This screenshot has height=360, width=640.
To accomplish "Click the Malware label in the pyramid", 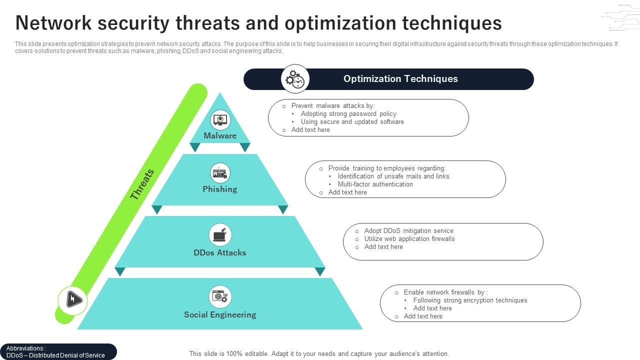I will tap(220, 135).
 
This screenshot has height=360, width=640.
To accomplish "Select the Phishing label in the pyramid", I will tap(220, 189).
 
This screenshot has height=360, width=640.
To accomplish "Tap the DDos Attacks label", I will tap(220, 252).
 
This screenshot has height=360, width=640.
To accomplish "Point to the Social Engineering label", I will tap(220, 314).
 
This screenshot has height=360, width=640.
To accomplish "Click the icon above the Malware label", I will tap(220, 120).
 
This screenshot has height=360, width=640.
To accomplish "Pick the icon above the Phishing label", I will tap(220, 173).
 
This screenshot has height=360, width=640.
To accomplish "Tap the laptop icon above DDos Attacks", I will tap(220, 234).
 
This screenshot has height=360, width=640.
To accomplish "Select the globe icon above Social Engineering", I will tap(220, 296).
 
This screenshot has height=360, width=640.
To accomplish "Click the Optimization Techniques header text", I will tap(400, 78).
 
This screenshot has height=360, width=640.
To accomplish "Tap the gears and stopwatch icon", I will tap(295, 79).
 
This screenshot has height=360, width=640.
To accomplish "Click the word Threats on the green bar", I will tap(142, 184).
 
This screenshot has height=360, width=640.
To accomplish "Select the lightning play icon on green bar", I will tap(73, 300).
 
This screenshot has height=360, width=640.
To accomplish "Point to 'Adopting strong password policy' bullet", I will tap(348, 113).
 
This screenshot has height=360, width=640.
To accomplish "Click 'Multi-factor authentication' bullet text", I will tap(375, 184).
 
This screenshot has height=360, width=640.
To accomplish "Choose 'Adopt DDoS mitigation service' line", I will tap(408, 230).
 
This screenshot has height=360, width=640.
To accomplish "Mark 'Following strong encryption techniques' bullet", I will tap(470, 300).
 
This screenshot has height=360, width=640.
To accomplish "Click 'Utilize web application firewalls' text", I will tap(409, 238).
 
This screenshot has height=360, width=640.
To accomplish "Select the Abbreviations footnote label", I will tap(26, 348).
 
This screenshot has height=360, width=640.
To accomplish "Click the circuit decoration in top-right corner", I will tap(620, 18).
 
